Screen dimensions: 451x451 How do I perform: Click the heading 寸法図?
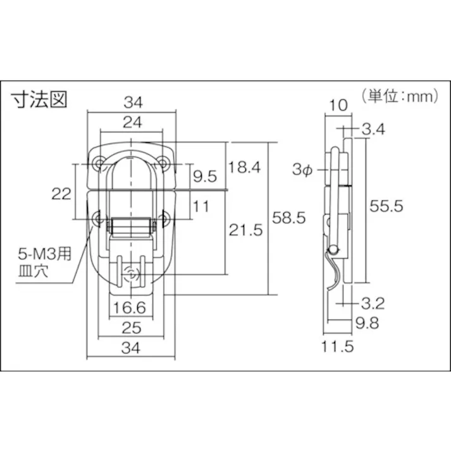(39, 99)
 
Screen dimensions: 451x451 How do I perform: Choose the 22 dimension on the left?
(61, 194)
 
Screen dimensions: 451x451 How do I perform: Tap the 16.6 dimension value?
(131, 308)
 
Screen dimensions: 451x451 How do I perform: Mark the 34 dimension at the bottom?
(131, 347)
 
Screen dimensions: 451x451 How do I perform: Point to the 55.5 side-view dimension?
(386, 206)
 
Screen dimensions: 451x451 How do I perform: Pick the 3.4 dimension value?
(374, 130)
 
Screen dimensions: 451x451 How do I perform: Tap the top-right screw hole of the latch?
(163, 164)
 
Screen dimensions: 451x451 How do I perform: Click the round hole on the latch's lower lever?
(132, 273)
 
